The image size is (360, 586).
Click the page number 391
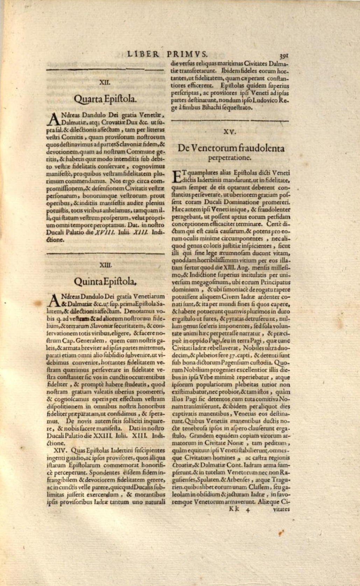pyautogui.click(x=283, y=55)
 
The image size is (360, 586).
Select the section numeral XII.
pyautogui.click(x=105, y=83)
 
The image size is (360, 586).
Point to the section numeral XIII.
pyautogui.click(x=105, y=265)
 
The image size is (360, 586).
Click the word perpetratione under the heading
pyautogui.click(x=230, y=157)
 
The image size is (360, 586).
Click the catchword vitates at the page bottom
pyautogui.click(x=281, y=509)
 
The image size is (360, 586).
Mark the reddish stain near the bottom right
pyautogui.click(x=280, y=533)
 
